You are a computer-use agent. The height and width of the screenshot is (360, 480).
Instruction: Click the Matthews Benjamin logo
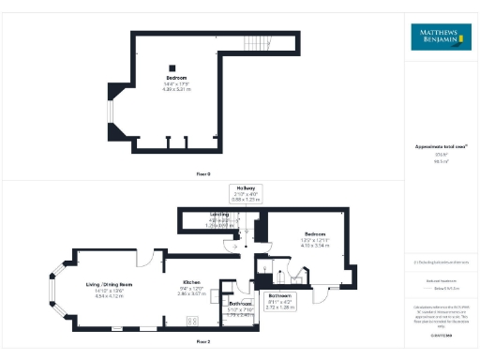click(x=440, y=38)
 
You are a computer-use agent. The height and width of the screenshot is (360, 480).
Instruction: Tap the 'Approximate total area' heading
click(x=440, y=147)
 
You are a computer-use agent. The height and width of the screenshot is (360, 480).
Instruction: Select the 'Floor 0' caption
click(x=203, y=174)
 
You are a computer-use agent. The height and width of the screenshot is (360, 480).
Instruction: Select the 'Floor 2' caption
click(x=203, y=343)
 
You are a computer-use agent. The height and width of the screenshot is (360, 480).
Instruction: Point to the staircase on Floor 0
click(x=254, y=43)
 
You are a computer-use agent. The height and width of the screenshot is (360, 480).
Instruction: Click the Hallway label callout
click(x=247, y=193)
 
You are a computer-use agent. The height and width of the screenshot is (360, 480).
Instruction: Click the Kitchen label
click(x=191, y=282)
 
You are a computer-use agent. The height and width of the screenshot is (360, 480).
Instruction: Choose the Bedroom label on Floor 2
click(x=314, y=234)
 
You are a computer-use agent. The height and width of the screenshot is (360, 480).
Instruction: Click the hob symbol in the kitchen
click(x=194, y=321)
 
